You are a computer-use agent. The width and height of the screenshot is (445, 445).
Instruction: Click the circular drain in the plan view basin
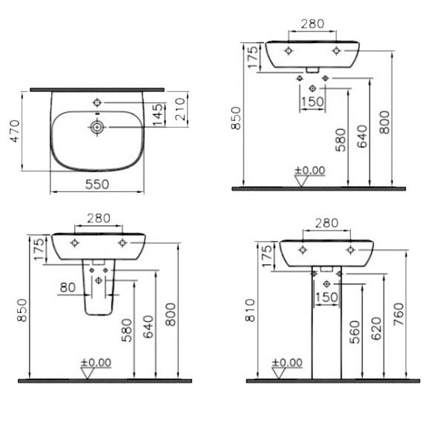(96, 128)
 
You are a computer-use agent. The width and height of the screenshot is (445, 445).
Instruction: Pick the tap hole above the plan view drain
(96, 102)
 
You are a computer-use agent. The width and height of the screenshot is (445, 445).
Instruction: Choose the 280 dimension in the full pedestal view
(326, 223)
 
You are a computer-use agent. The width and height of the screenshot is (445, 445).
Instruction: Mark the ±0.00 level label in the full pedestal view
(287, 363)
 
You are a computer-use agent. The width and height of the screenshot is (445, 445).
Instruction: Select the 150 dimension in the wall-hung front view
(313, 102)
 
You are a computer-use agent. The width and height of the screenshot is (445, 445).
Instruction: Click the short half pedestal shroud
(97, 293)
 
